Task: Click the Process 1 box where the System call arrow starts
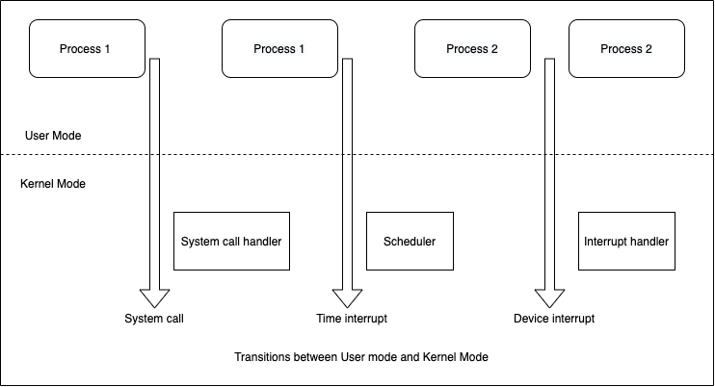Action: (x=87, y=49)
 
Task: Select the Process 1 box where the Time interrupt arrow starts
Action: (x=279, y=49)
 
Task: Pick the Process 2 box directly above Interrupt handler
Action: (x=626, y=49)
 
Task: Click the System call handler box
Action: (x=231, y=241)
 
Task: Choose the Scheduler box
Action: (x=410, y=241)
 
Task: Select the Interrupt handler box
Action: (x=626, y=241)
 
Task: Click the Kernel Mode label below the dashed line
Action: (x=53, y=183)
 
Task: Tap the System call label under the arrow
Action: (x=154, y=319)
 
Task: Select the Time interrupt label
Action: (x=352, y=319)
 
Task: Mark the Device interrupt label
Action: (x=554, y=319)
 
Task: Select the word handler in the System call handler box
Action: (x=262, y=241)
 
